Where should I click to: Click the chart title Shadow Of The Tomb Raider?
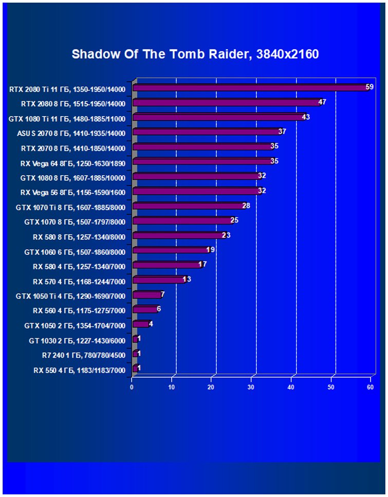[x=195, y=54]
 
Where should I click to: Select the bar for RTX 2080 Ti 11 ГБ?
[x=251, y=88]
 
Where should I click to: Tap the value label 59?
[x=369, y=87]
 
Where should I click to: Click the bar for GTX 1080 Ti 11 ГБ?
[x=219, y=118]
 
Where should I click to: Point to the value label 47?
[x=322, y=102]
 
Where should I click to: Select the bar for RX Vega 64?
[x=204, y=162]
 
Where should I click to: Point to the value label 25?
[x=234, y=220]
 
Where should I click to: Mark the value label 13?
[x=187, y=279]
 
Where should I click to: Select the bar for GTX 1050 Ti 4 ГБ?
[x=147, y=296]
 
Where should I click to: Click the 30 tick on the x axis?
[x=251, y=387]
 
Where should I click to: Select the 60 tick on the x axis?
[x=370, y=387]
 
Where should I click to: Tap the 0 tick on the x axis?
[x=132, y=387]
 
